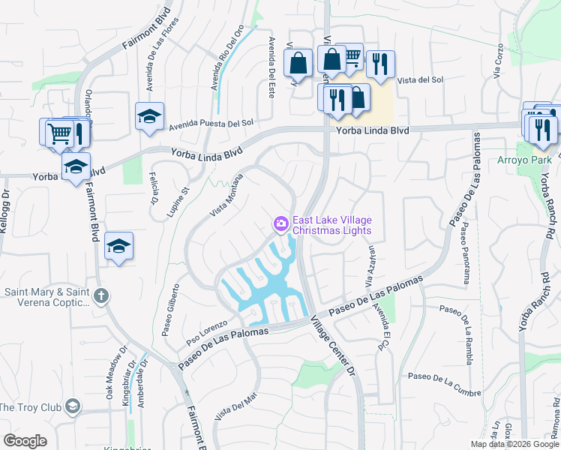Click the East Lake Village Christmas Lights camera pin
tap(280, 223)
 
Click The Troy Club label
tap(28, 406)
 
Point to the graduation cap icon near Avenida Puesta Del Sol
tap(149, 116)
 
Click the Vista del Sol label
tap(421, 80)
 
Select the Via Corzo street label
tap(498, 64)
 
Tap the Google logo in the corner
tap(25, 441)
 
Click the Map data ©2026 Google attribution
tap(513, 444)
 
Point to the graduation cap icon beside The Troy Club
tap(73, 406)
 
